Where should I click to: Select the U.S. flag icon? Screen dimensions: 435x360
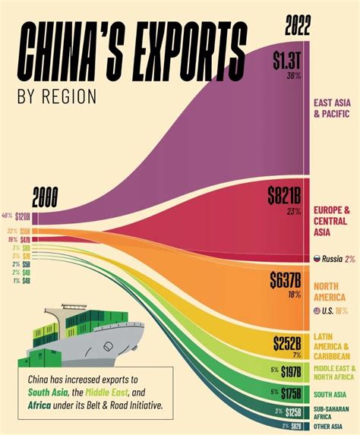click(x=317, y=311)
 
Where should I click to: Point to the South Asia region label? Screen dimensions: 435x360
click(x=330, y=393)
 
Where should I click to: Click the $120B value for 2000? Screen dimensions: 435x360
click(x=23, y=216)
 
